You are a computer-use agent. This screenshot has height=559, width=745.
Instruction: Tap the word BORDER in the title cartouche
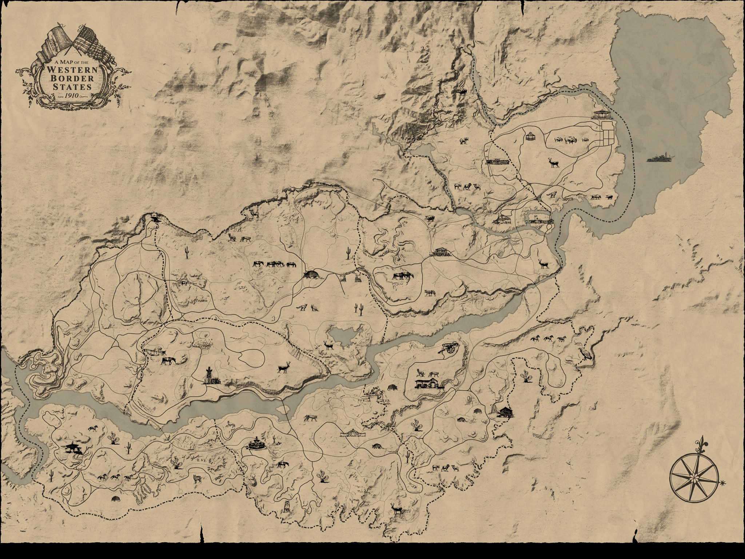pyautogui.click(x=72, y=78)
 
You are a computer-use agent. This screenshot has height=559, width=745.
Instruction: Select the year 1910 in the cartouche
pyautogui.click(x=71, y=96)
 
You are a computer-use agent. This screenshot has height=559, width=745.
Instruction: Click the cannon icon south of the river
pyautogui.click(x=450, y=348)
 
